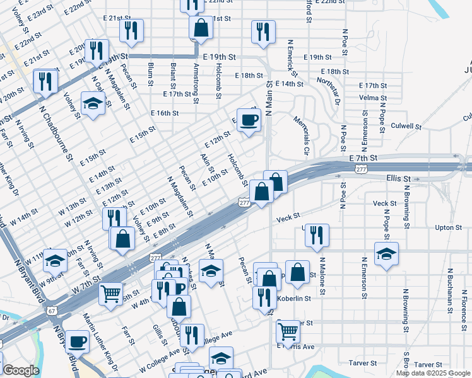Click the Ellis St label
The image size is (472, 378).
[x=398, y=179]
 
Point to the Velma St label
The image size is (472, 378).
[x=372, y=98]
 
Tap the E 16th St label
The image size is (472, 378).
[x=165, y=113]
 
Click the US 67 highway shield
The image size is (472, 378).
[x=51, y=311]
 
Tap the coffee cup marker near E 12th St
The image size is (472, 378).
[x=249, y=120]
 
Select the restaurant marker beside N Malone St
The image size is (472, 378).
[x=317, y=235]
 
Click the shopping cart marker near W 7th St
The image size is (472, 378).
[x=111, y=294]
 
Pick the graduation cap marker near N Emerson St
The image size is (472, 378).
[x=386, y=254]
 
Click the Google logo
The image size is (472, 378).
[x=21, y=370]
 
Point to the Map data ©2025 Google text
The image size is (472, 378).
[x=433, y=373]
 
